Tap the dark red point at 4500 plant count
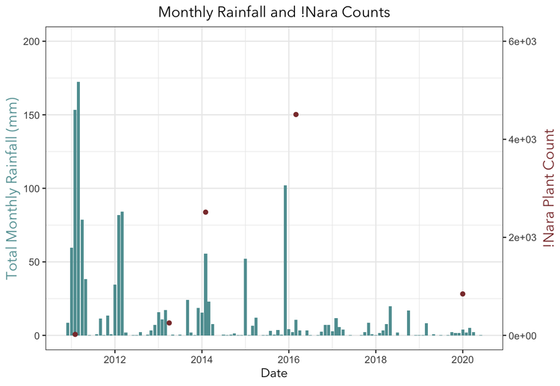(x=296, y=114)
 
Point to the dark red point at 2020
(x=463, y=294)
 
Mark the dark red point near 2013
(x=169, y=323)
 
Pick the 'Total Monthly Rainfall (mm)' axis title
(x=12, y=188)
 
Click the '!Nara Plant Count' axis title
(x=549, y=188)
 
